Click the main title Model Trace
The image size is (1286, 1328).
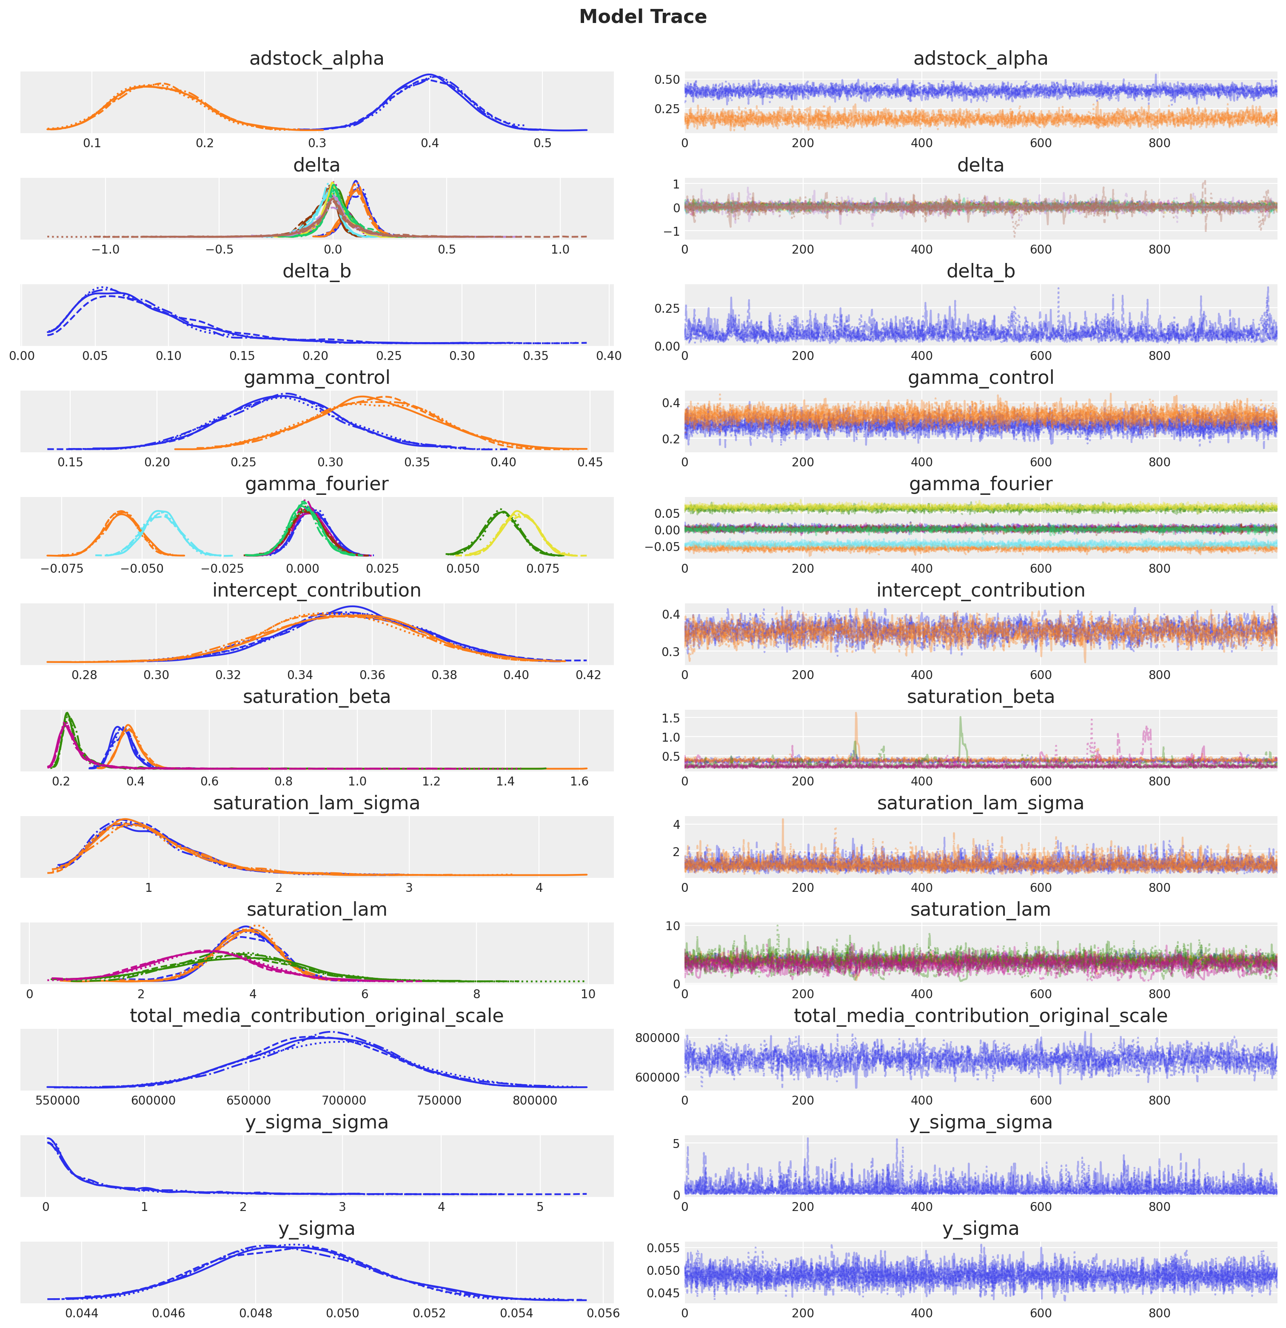pyautogui.click(x=642, y=17)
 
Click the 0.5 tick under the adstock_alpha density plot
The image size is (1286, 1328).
pyautogui.click(x=542, y=143)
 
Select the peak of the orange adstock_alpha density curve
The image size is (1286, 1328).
pyautogui.click(x=148, y=86)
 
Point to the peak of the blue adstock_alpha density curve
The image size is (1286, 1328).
pyautogui.click(x=429, y=74)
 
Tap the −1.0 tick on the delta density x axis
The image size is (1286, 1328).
pyautogui.click(x=105, y=249)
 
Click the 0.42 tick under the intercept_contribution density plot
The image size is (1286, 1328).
pyautogui.click(x=588, y=675)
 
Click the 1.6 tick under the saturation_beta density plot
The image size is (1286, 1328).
pyautogui.click(x=579, y=781)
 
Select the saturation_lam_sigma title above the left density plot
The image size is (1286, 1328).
pyautogui.click(x=317, y=804)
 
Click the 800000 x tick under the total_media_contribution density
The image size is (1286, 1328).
pyautogui.click(x=535, y=1100)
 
